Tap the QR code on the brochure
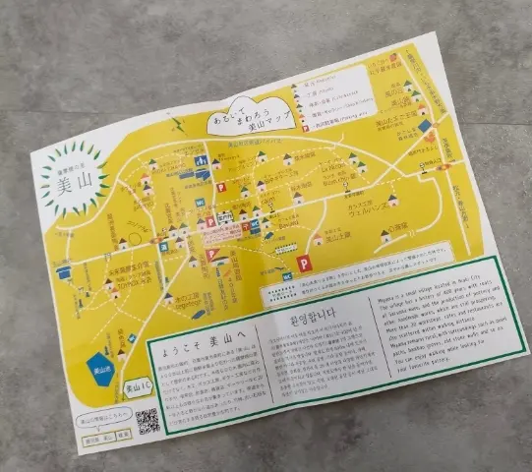click(x=148, y=420)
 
